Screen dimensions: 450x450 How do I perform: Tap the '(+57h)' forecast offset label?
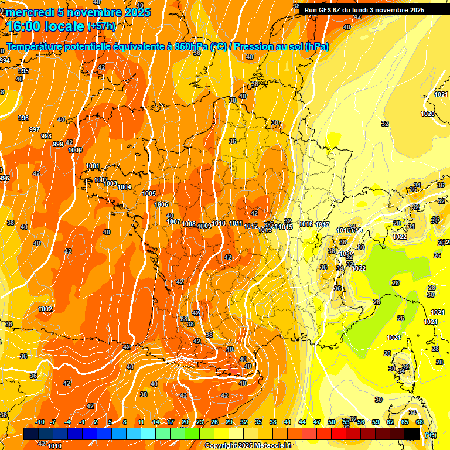coord(101,26)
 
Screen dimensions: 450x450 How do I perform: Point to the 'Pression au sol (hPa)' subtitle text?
coord(281,47)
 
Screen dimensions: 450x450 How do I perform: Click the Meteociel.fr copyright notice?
coord(248,445)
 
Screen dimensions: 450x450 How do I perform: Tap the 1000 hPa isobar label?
coord(75,150)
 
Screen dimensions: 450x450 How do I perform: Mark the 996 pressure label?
coord(23,118)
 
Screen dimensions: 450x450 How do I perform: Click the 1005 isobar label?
coord(149,193)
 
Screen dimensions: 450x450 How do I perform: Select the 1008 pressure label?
coord(189,224)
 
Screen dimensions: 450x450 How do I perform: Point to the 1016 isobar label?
coord(306,224)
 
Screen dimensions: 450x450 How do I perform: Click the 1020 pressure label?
coord(428,114)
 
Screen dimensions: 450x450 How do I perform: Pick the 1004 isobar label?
coord(124,187)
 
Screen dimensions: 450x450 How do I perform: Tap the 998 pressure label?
coord(46,136)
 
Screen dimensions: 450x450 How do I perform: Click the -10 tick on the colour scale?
coord(40,422)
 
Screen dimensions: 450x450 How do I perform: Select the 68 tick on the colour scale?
coord(420,422)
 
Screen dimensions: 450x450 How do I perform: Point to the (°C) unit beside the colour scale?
coord(431,434)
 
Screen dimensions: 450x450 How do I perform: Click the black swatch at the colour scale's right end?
coord(412,434)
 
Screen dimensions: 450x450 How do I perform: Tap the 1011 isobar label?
coord(236,223)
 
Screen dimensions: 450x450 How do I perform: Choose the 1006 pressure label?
coord(162,204)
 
